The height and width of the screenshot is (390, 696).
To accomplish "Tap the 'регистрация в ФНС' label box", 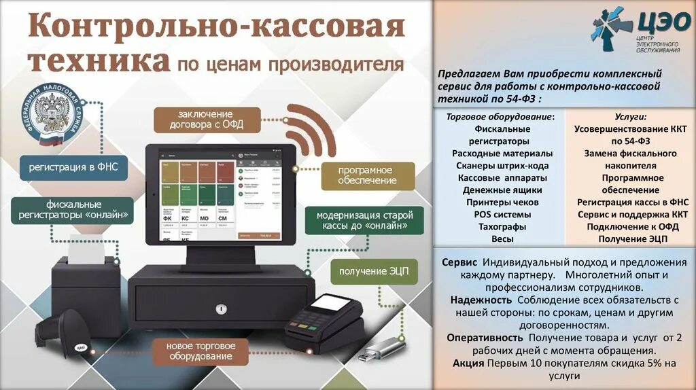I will point(73,167).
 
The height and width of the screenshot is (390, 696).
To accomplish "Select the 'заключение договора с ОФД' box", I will point(205,120).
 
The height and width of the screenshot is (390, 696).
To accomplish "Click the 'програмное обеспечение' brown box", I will point(367,175).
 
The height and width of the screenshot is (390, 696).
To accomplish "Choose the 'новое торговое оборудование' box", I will point(200,351).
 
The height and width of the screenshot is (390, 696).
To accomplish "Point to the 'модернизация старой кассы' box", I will point(364,221).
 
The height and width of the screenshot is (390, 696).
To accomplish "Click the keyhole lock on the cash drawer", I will point(220,309).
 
